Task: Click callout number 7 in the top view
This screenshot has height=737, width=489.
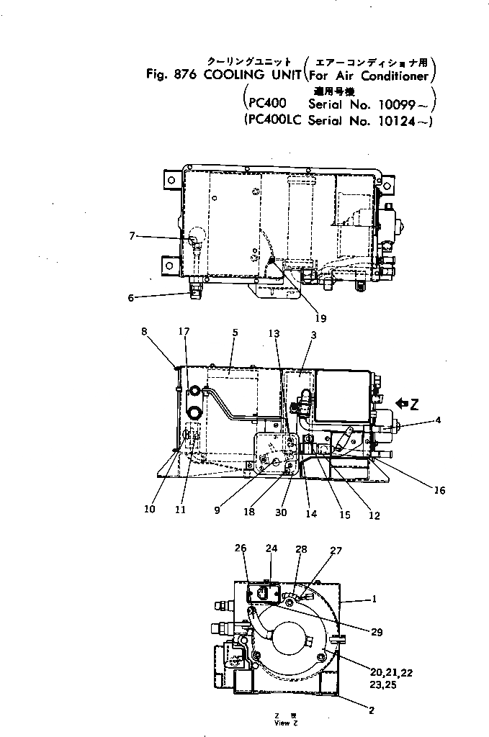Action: click(x=133, y=235)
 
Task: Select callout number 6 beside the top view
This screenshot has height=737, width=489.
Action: click(x=131, y=297)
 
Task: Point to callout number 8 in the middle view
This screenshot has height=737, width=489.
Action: click(x=144, y=332)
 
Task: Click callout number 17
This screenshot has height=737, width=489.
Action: click(x=185, y=332)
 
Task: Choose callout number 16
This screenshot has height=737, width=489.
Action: click(x=440, y=491)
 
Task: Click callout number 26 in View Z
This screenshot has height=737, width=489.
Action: click(x=241, y=548)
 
